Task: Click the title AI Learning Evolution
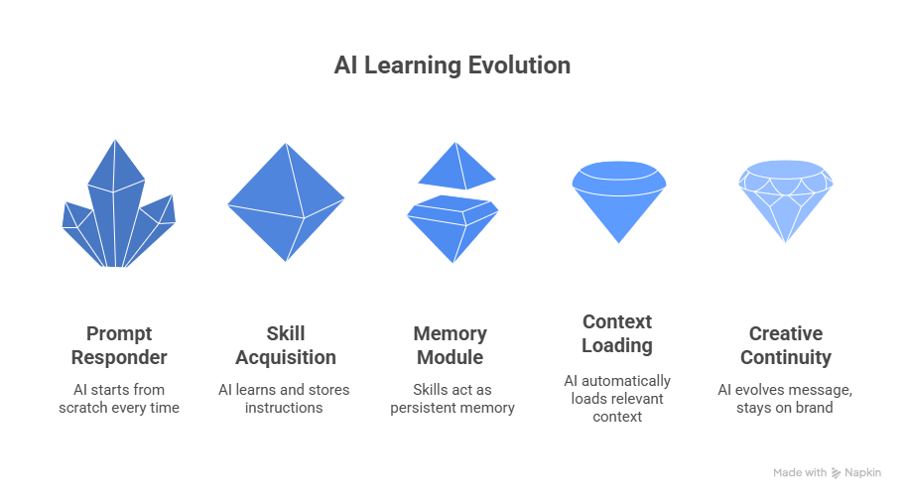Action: coord(452,65)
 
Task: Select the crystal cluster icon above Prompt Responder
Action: coord(118,208)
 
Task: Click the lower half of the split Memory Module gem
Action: coord(452,226)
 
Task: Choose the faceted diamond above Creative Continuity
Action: coord(786,202)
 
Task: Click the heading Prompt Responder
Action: coord(119,345)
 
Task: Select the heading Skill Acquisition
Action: coord(286,345)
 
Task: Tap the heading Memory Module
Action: coord(451,345)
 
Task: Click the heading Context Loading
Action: coord(617,333)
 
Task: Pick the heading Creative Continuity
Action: coord(785,345)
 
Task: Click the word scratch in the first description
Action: coord(86,408)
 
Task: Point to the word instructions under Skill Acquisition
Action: coord(285,408)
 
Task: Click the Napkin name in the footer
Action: coord(862,473)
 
